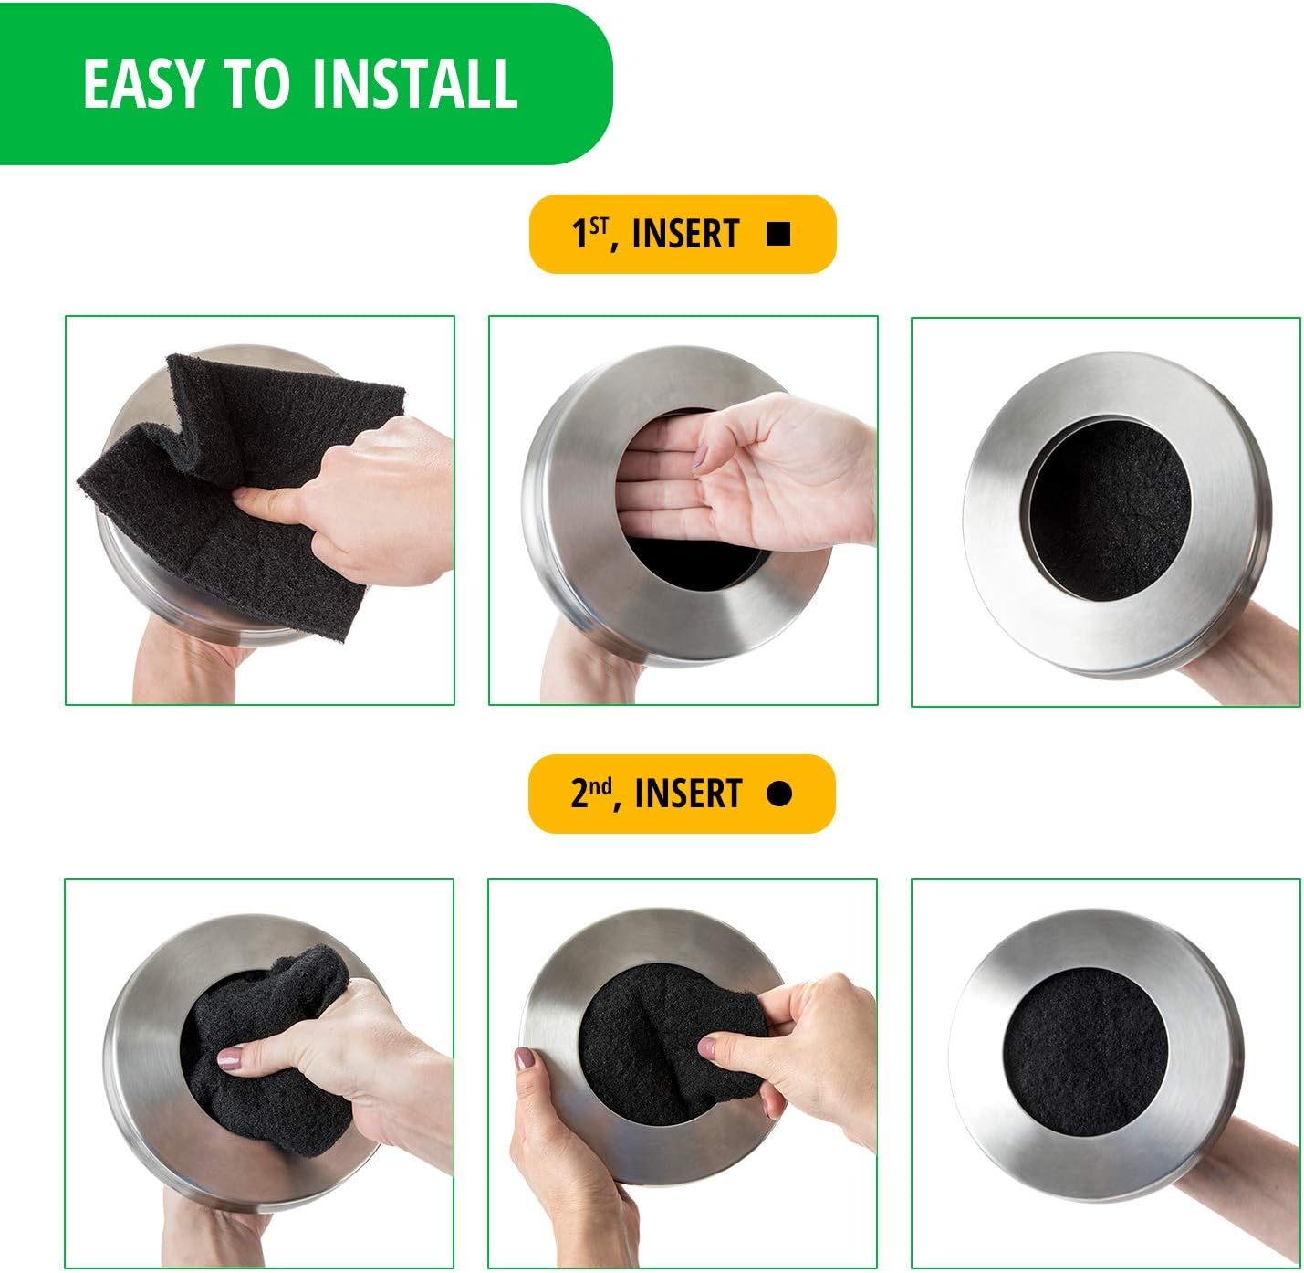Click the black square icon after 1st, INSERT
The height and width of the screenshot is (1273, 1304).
click(778, 235)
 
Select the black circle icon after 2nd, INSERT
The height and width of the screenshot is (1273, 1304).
click(778, 794)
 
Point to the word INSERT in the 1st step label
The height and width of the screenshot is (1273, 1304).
click(684, 235)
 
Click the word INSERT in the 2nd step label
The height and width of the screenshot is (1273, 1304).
click(687, 794)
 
